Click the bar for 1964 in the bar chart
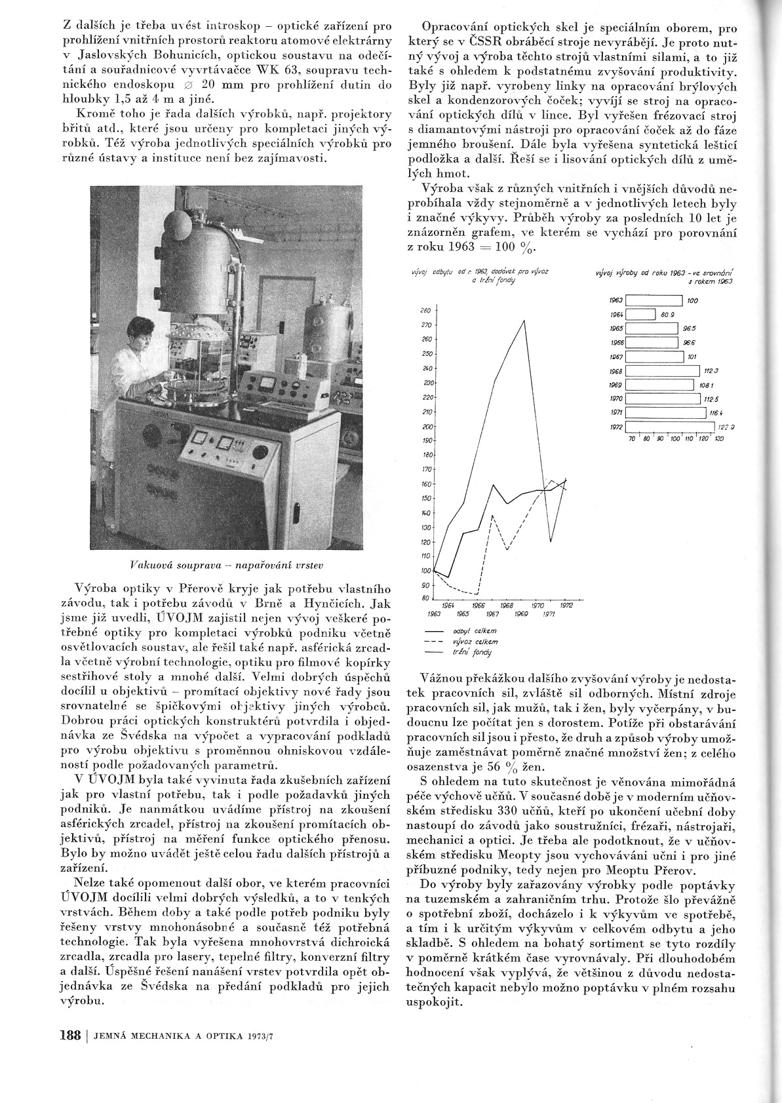[641, 315]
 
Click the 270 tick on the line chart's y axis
[424, 325]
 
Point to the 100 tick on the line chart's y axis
[424, 571]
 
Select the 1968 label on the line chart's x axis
[507, 606]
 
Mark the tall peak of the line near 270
[524, 320]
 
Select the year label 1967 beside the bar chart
[616, 357]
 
